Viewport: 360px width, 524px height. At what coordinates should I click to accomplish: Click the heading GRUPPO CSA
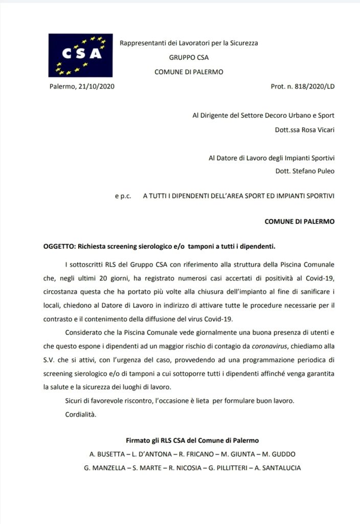[x=189, y=57]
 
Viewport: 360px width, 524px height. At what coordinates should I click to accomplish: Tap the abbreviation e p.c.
[x=123, y=196]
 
